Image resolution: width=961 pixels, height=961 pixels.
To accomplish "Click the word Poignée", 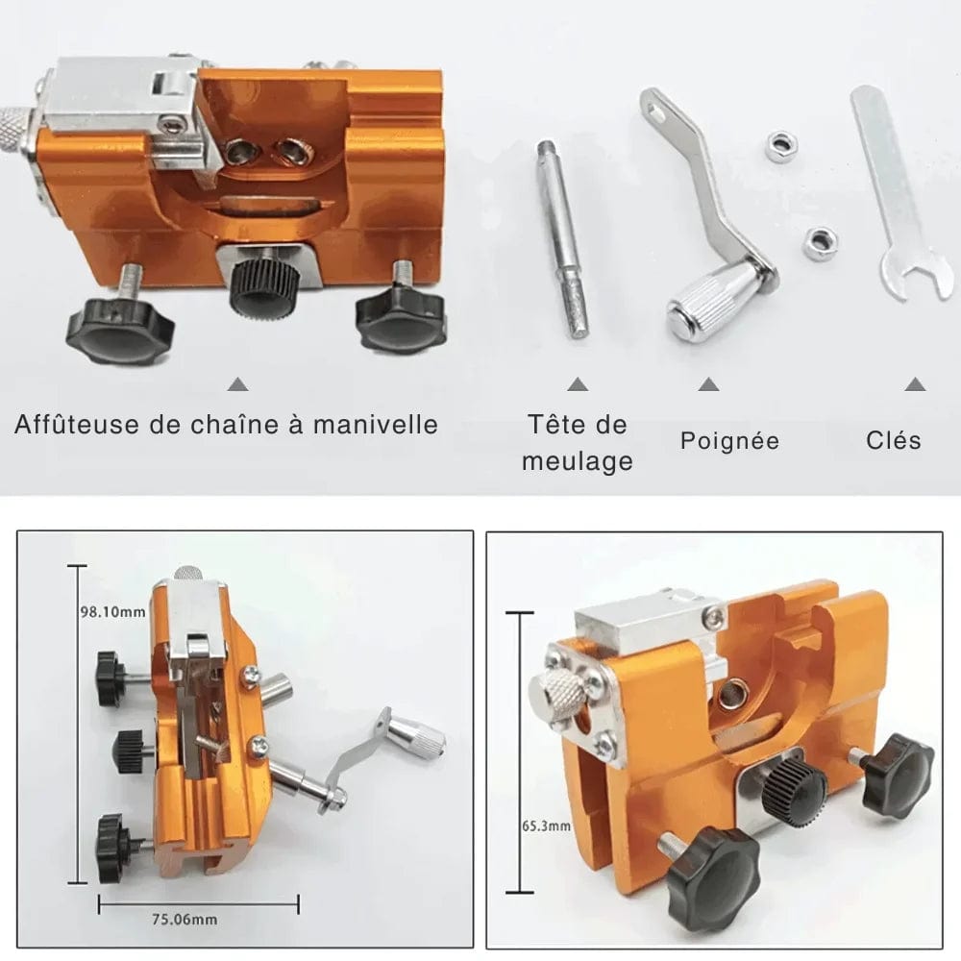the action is [x=729, y=441].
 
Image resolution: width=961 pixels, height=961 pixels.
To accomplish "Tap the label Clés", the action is [x=893, y=441].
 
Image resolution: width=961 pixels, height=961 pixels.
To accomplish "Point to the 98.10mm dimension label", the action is [x=113, y=611].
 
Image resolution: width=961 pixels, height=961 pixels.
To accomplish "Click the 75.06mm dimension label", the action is [x=185, y=920].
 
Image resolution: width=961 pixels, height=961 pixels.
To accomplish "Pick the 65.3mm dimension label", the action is [x=546, y=825].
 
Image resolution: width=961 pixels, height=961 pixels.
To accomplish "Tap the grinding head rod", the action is [x=562, y=238].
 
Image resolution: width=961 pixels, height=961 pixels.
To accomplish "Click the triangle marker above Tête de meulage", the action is [x=578, y=384].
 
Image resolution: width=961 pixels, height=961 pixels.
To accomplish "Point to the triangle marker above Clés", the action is [x=915, y=384].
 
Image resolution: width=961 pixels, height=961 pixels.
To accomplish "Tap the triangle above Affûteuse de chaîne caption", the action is [x=237, y=384].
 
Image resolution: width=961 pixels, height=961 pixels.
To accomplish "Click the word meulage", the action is [x=578, y=461].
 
